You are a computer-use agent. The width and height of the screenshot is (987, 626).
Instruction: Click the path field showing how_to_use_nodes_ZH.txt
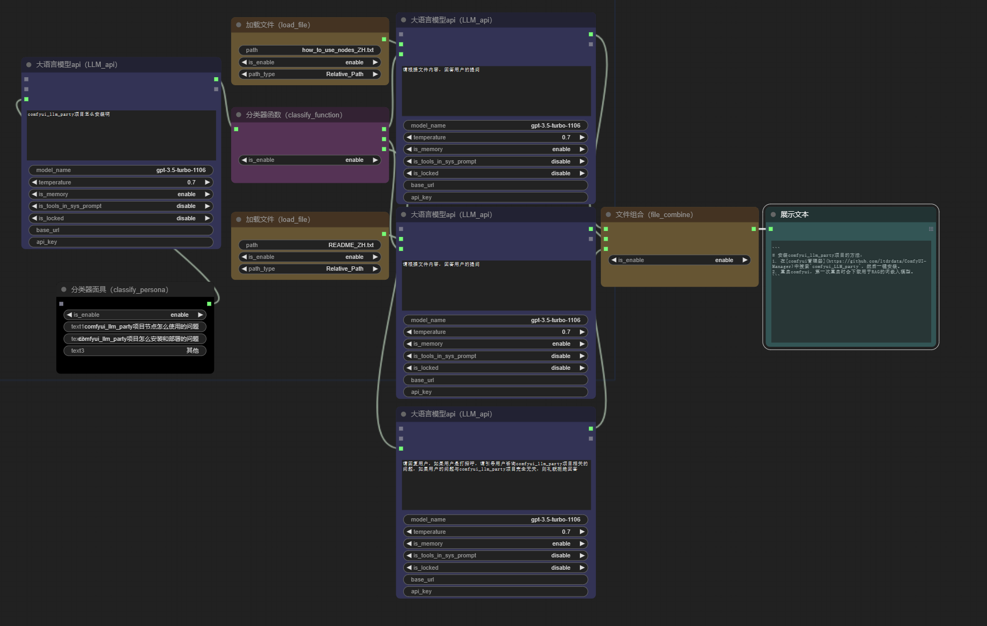(310, 50)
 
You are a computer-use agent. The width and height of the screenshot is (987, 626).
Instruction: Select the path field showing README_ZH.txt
(310, 245)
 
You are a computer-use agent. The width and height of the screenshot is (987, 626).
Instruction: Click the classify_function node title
(294, 115)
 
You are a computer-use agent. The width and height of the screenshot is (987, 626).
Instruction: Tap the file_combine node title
(654, 214)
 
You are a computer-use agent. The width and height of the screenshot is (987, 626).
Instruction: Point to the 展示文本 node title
(794, 214)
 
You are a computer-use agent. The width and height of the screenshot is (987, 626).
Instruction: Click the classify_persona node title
(120, 289)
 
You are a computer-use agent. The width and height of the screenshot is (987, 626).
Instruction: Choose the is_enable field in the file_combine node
(679, 260)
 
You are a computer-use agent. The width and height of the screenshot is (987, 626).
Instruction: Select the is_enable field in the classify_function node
(310, 160)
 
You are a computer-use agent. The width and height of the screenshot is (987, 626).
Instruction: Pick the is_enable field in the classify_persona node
(135, 315)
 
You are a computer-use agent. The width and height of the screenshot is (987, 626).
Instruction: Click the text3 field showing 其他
(135, 351)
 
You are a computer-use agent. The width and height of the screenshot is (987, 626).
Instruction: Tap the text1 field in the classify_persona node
(135, 326)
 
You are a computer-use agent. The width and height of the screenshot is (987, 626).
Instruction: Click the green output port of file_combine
(754, 229)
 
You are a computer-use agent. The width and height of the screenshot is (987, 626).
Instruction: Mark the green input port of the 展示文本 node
(771, 229)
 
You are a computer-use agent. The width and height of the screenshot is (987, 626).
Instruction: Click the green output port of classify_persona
(209, 304)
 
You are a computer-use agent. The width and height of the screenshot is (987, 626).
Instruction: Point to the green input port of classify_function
(236, 129)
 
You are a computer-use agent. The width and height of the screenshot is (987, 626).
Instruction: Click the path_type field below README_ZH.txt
(310, 269)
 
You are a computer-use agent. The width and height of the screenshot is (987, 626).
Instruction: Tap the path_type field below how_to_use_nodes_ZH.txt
(310, 74)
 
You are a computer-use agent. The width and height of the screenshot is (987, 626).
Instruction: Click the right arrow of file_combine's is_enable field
(745, 260)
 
